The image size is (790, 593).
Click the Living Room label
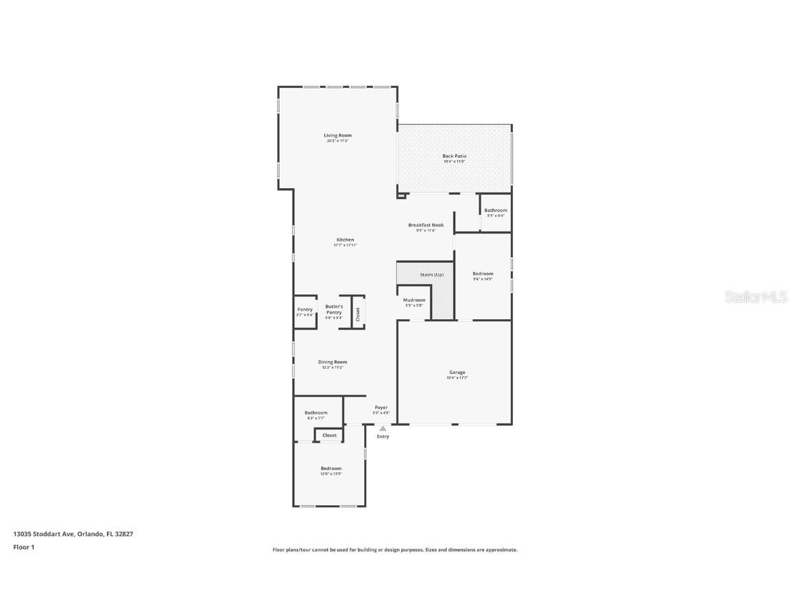(x=337, y=135)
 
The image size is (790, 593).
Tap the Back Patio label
(x=454, y=156)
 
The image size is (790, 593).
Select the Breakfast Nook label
(x=425, y=225)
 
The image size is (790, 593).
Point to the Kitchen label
(x=345, y=240)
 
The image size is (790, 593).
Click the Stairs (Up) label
(x=431, y=275)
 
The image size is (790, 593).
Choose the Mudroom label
(x=414, y=300)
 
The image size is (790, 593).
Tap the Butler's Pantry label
(x=334, y=310)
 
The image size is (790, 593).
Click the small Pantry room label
(x=304, y=310)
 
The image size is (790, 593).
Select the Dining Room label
(x=333, y=362)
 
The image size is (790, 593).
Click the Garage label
(x=457, y=373)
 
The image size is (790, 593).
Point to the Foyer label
(x=381, y=408)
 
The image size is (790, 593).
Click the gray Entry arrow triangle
(x=383, y=429)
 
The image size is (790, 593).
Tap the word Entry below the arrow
(x=383, y=437)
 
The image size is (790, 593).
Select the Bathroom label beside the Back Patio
(x=495, y=210)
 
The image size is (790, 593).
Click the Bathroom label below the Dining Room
(x=316, y=412)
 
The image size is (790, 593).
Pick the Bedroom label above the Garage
(x=483, y=273)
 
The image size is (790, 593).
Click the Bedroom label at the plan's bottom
(x=331, y=468)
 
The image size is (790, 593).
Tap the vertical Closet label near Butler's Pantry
(x=357, y=314)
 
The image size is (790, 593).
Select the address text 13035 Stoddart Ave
(x=44, y=533)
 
